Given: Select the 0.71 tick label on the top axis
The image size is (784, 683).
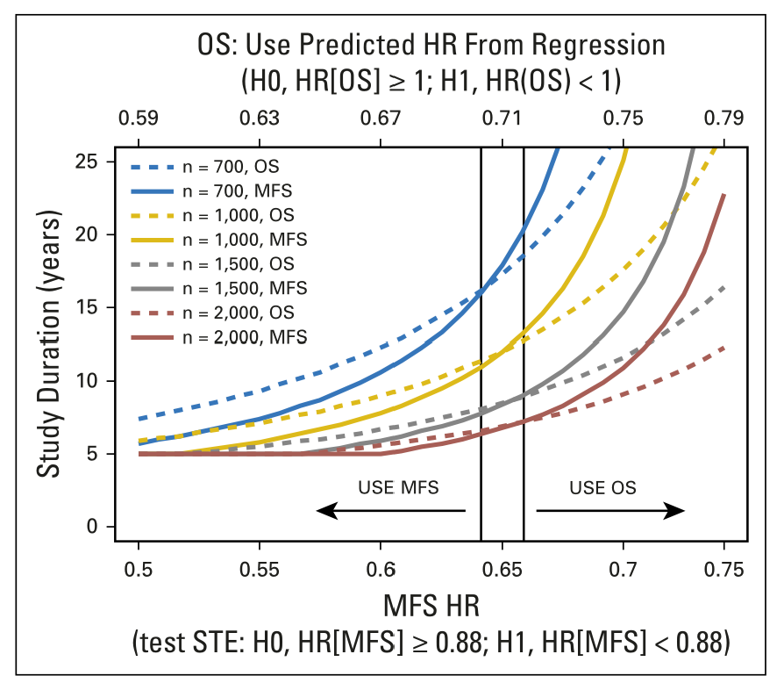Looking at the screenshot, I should (x=502, y=118).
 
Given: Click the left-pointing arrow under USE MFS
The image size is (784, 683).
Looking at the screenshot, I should (x=391, y=510).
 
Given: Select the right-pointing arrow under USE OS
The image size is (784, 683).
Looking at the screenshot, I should (x=610, y=510).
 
